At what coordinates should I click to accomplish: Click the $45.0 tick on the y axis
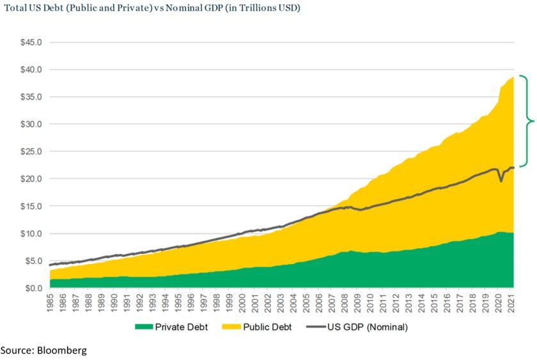coord(31,42)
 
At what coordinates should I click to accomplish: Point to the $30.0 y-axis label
coord(31,124)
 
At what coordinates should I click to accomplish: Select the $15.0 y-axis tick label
coord(31,207)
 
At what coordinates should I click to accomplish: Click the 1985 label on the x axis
coord(50,303)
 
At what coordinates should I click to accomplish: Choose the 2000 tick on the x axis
coord(243,303)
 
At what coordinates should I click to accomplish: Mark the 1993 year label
coord(153,303)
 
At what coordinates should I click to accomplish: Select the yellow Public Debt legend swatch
coord(242,327)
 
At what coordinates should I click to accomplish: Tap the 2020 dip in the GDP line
coord(501,181)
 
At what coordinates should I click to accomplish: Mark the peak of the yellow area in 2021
coord(513,77)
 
